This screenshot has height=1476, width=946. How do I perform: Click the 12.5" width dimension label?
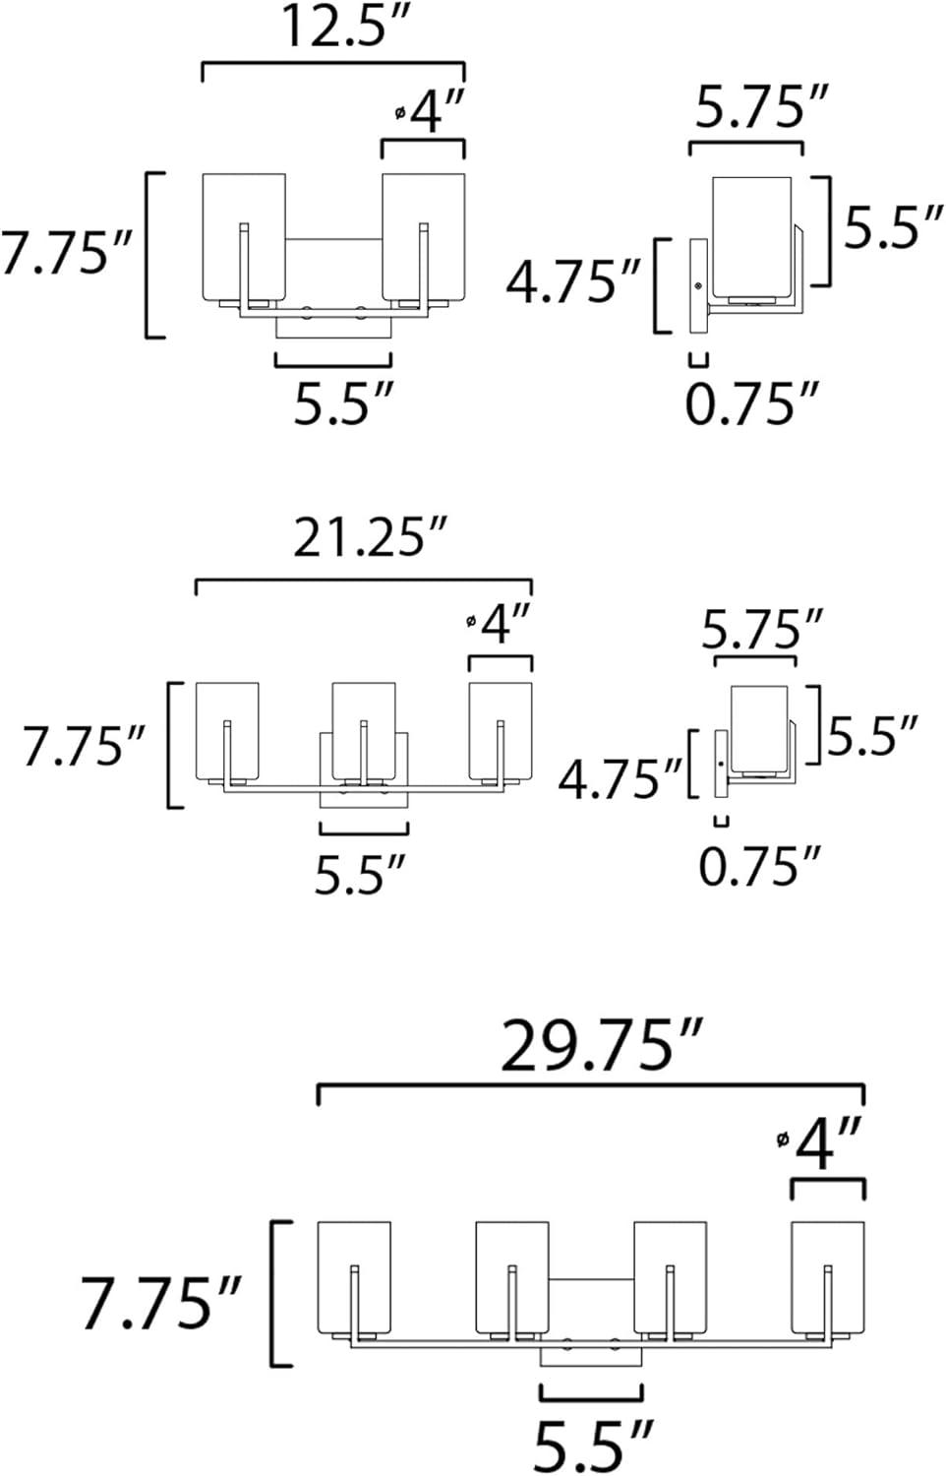pos(331,27)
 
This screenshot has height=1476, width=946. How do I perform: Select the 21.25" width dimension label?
pos(371,538)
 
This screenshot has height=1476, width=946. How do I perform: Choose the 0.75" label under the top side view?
pos(752,403)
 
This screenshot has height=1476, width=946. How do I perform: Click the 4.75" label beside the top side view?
pos(573,283)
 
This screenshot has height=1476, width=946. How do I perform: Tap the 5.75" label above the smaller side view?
pos(762,630)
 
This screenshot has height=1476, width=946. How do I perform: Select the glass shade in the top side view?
pos(751,236)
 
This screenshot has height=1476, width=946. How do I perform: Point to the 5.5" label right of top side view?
pos(894,228)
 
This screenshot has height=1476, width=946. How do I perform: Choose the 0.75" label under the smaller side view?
pos(759,866)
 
